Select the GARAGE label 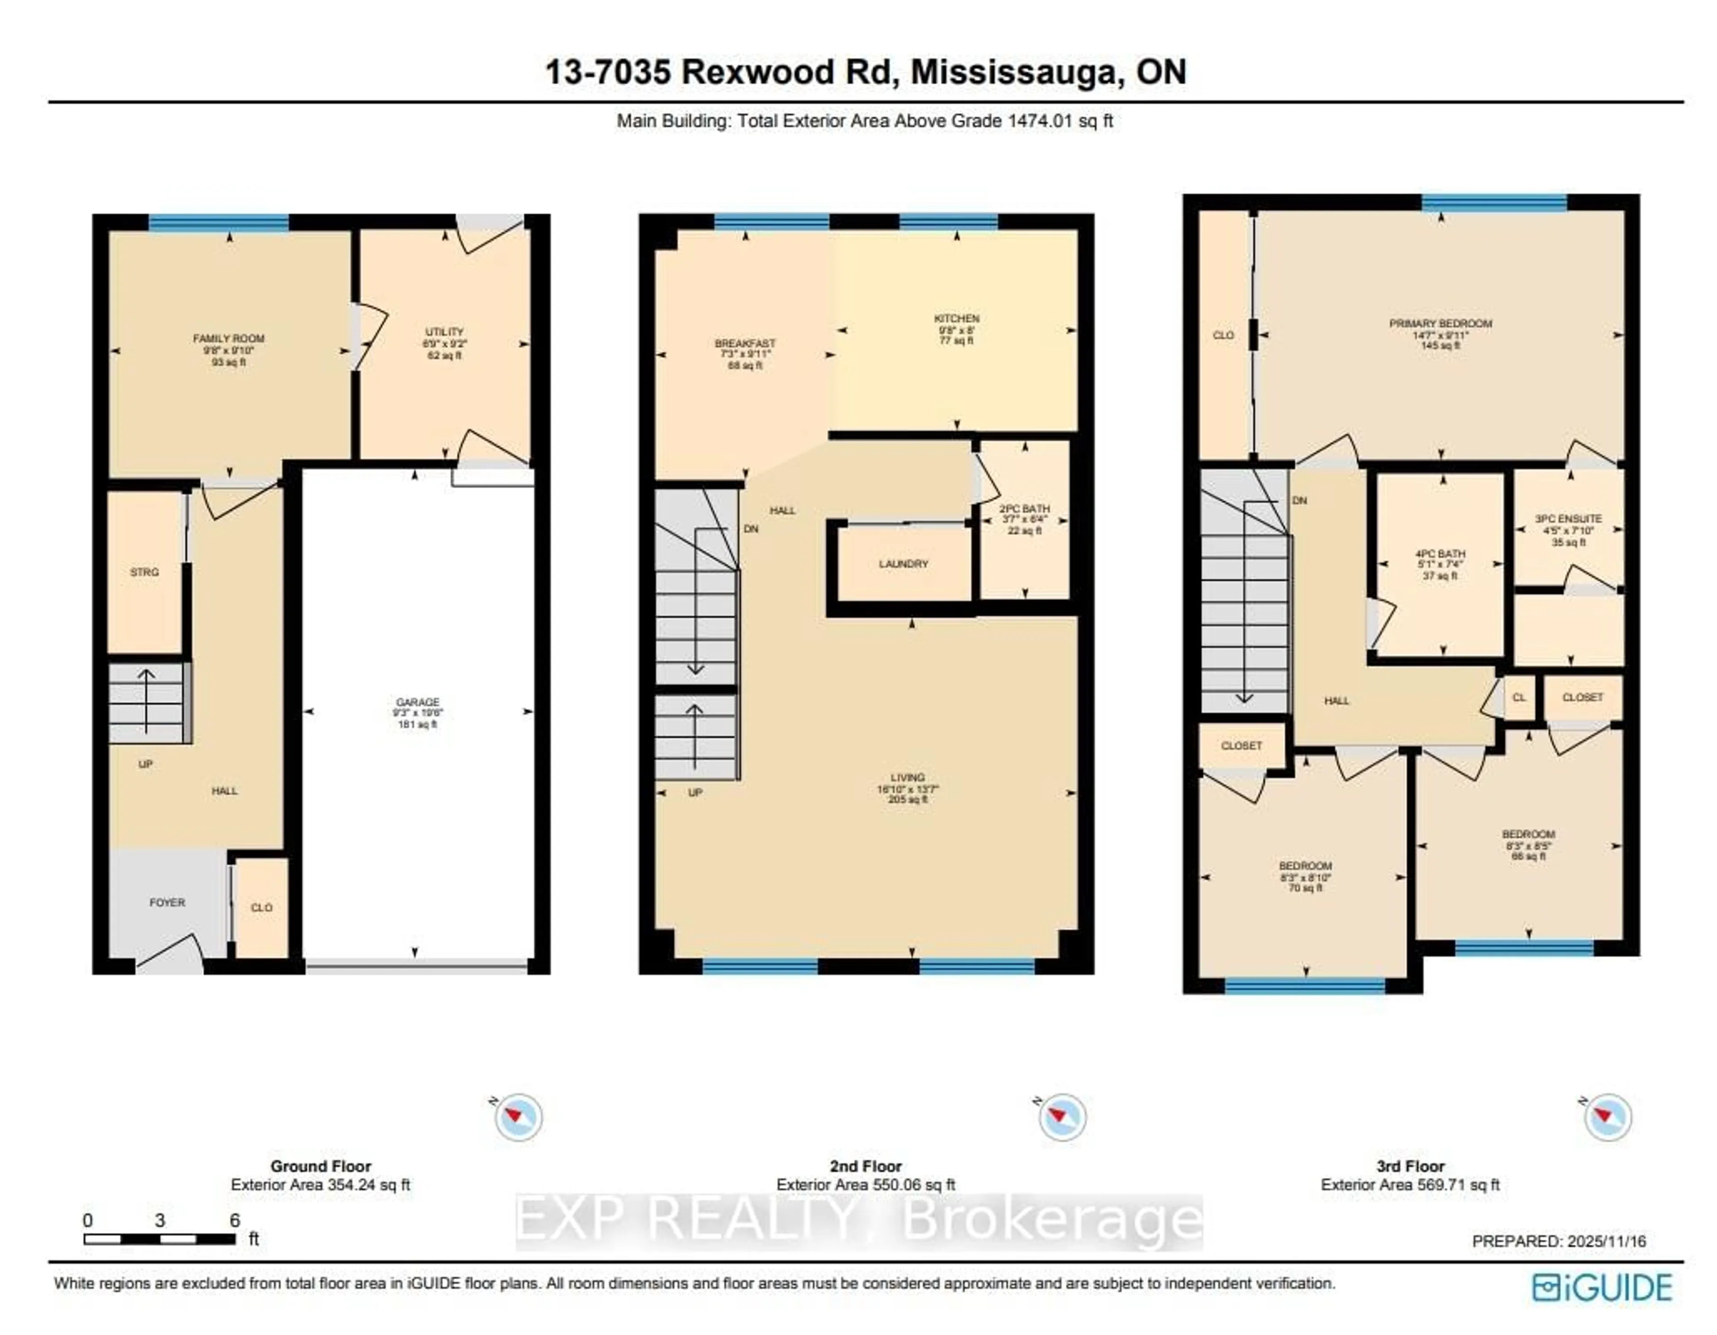(418, 702)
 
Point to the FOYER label (168, 903)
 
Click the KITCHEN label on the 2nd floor (957, 318)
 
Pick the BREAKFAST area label (744, 343)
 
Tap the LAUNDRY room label (903, 564)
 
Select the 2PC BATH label (1024, 509)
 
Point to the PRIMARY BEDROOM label (1440, 323)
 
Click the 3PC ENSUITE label (1569, 519)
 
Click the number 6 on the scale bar (234, 1220)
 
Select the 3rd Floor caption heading (1410, 1166)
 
